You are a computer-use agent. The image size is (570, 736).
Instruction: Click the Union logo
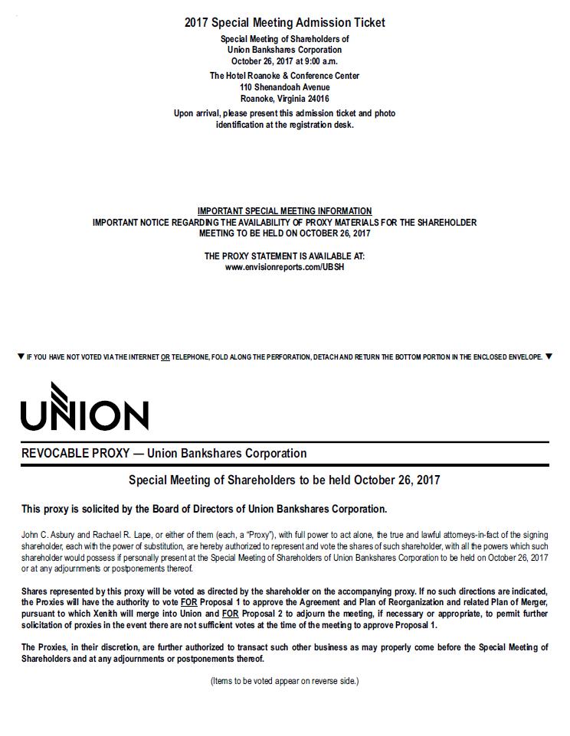[84, 406]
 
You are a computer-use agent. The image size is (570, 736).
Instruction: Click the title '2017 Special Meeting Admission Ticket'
[285, 23]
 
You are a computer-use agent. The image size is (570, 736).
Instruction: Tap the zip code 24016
[317, 99]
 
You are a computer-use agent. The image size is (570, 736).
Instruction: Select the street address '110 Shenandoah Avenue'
[285, 87]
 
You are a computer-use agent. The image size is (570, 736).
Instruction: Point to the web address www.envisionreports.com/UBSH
[285, 267]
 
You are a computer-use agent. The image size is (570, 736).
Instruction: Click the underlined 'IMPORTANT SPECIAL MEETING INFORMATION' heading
[285, 211]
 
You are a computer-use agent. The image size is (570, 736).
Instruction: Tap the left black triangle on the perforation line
[21, 357]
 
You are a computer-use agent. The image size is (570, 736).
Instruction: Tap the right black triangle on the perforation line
[549, 357]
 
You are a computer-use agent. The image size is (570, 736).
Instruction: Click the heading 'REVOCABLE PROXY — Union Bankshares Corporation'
[164, 454]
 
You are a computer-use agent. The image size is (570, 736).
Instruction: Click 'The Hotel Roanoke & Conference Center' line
[285, 76]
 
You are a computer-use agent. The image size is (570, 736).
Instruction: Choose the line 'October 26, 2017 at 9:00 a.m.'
[285, 60]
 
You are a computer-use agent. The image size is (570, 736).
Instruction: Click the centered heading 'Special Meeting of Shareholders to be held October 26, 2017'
[285, 480]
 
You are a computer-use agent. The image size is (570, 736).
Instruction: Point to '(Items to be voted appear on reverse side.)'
[285, 681]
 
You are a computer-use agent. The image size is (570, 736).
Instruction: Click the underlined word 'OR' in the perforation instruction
[165, 357]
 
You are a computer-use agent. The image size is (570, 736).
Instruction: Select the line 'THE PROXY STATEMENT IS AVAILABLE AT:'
[285, 256]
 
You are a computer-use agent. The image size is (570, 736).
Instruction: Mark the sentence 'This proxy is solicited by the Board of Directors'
[205, 509]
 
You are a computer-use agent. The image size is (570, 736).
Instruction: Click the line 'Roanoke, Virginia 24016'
[285, 99]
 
